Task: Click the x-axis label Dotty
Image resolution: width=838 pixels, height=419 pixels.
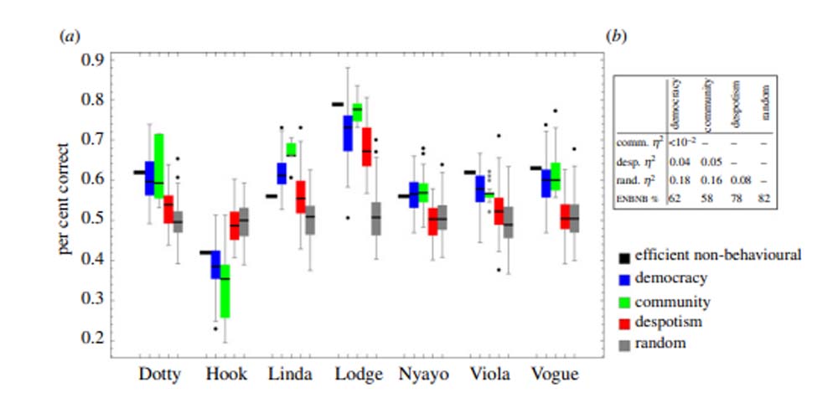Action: click(159, 374)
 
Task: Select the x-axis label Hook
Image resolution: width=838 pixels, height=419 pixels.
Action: click(226, 374)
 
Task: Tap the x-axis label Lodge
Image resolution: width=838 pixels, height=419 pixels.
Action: click(357, 375)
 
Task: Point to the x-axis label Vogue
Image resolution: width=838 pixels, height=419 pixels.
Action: click(554, 374)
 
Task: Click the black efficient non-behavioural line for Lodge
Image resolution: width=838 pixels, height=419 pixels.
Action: click(337, 104)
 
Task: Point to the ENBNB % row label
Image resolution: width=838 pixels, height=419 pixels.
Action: click(638, 198)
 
